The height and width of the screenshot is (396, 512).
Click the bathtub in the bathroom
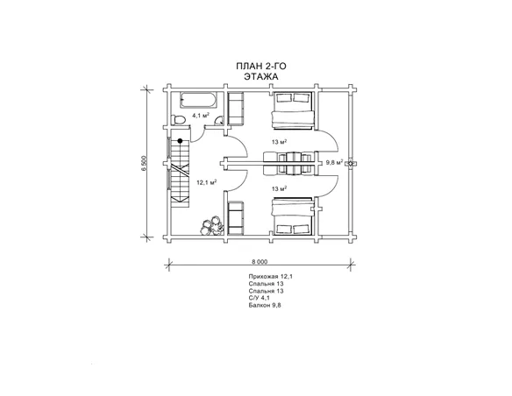click(198, 100)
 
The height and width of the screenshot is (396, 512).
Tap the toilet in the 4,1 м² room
click(179, 119)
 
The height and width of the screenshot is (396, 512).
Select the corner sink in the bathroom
click(219, 121)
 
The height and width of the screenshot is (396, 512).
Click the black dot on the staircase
click(180, 141)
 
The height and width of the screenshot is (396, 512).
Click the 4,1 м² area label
click(201, 115)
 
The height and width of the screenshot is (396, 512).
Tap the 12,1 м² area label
click(206, 183)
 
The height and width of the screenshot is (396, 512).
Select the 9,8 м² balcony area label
click(335, 162)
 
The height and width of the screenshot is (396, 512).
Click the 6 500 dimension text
click(145, 164)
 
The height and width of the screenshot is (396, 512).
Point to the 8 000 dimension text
click(260, 262)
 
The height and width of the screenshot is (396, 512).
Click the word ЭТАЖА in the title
click(261, 77)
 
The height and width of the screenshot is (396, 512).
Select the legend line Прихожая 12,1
click(271, 276)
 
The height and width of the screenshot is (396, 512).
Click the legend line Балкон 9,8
click(265, 306)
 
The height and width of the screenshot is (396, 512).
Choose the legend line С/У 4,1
click(260, 298)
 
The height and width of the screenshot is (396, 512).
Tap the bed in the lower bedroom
click(293, 216)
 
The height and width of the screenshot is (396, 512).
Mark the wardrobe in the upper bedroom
click(236, 109)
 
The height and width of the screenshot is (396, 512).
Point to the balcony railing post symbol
click(351, 163)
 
